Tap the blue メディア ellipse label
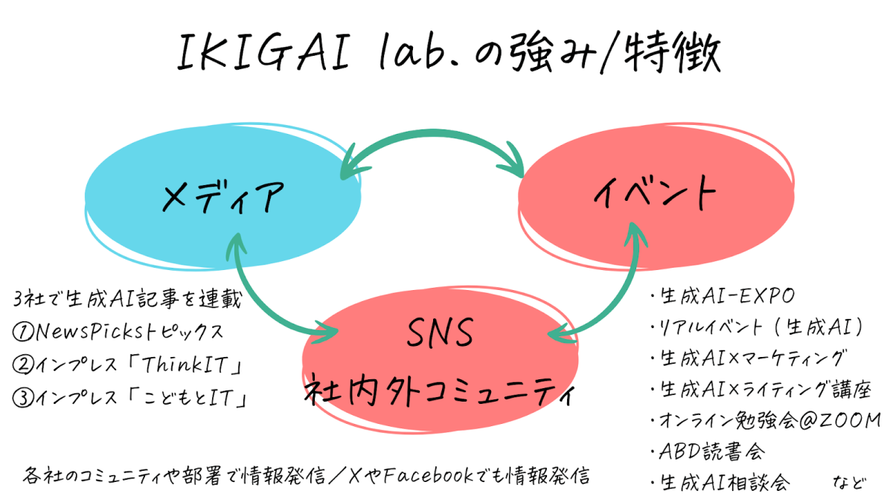coord(223,196)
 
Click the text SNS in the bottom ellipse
coord(440,336)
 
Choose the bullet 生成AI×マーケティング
coord(752,358)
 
